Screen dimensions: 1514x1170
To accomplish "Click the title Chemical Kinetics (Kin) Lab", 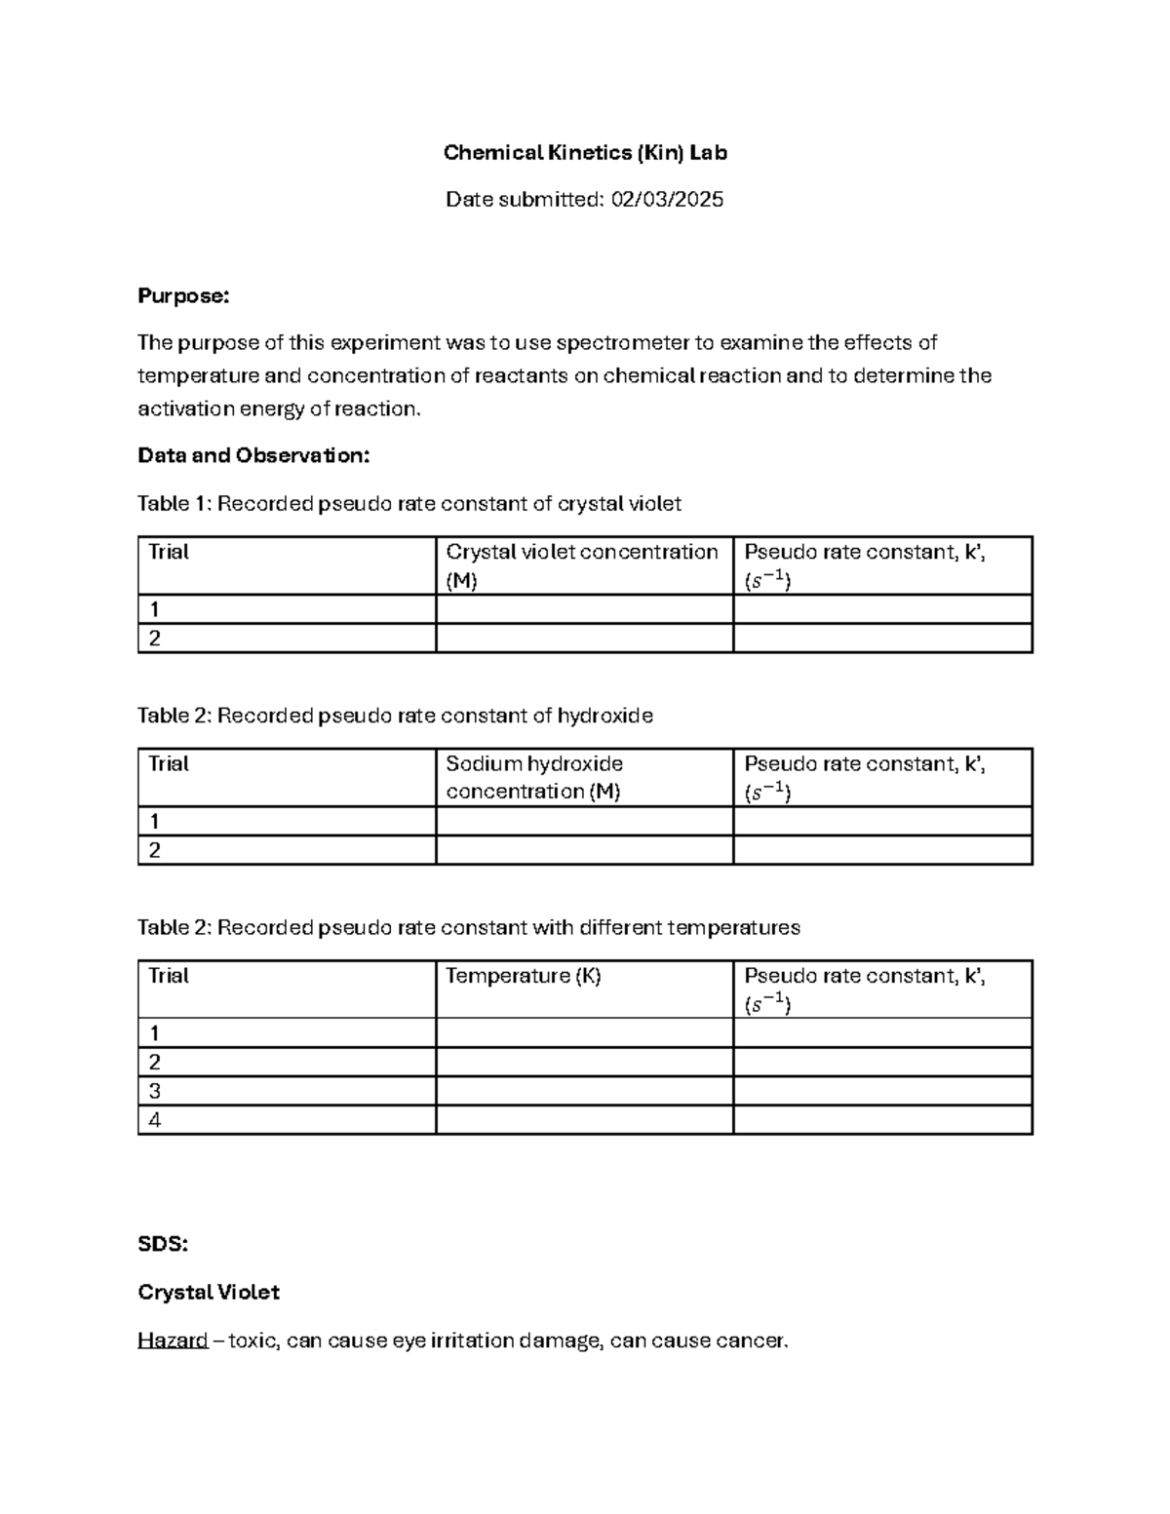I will click(585, 152).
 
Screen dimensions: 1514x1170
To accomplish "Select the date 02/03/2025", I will click(667, 200).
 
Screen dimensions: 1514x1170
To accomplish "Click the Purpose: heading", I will click(183, 296).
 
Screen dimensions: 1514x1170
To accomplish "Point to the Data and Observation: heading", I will click(253, 455).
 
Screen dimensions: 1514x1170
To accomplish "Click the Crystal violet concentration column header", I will click(582, 553).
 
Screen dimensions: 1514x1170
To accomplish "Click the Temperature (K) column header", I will click(524, 976).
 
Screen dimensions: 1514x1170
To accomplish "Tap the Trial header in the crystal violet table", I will click(169, 552).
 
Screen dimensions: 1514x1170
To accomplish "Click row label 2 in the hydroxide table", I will click(154, 850).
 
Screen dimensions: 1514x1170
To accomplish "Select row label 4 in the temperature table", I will click(154, 1120).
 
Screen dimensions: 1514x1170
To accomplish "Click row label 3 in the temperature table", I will click(154, 1091).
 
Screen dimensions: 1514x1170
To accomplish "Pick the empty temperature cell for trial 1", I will click(584, 1032).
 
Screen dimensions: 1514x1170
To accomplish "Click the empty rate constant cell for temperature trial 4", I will click(882, 1120).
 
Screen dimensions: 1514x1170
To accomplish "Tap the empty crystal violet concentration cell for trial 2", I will click(584, 639).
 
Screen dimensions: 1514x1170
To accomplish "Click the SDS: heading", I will click(163, 1244).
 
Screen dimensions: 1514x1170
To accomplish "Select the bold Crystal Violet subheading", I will click(209, 1292).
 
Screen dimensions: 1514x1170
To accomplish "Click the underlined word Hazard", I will click(173, 1340).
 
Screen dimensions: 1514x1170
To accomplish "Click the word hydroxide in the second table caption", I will click(604, 716).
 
